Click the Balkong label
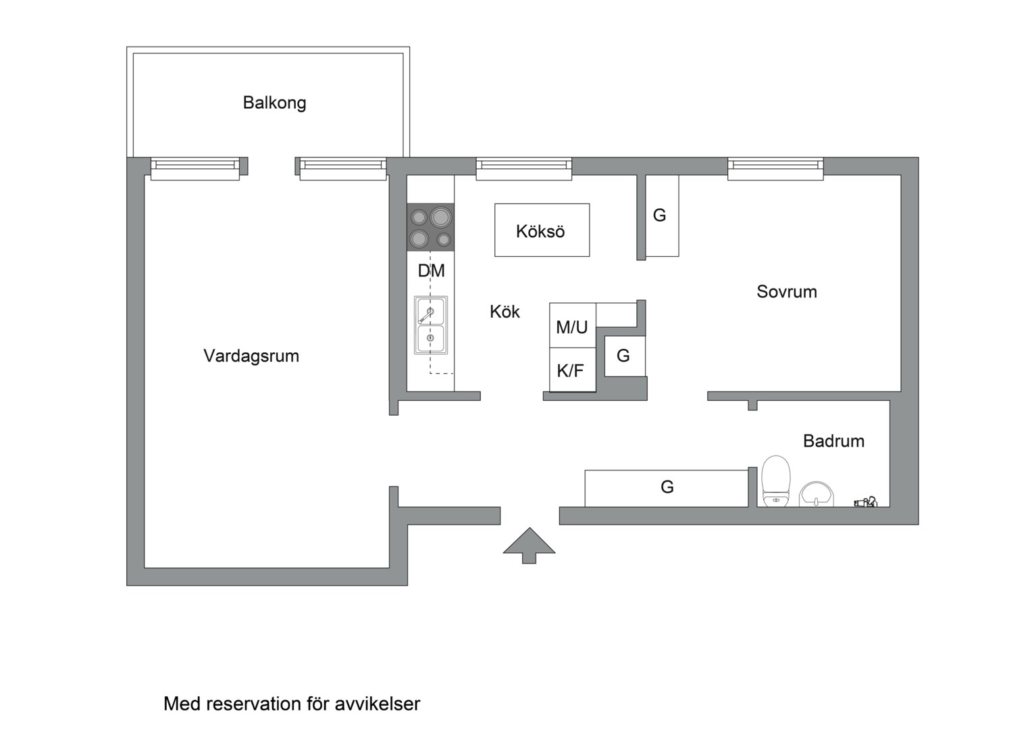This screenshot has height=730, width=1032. pyautogui.click(x=274, y=103)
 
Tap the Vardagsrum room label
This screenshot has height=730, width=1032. pyautogui.click(x=251, y=356)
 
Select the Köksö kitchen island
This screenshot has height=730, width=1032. pyautogui.click(x=542, y=230)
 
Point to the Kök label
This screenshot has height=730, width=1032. pyautogui.click(x=505, y=312)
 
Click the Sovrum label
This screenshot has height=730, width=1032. pyautogui.click(x=786, y=292)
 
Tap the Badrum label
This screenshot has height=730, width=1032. pyautogui.click(x=833, y=441)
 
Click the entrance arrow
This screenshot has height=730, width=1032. pyautogui.click(x=529, y=545)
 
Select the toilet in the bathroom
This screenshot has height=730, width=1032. pyautogui.click(x=775, y=481)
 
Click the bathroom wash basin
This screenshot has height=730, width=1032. pyautogui.click(x=817, y=494)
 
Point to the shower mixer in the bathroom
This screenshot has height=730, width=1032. pyautogui.click(x=865, y=502)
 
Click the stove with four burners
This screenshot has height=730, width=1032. pyautogui.click(x=430, y=227)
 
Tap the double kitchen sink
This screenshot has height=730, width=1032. pyautogui.click(x=430, y=325)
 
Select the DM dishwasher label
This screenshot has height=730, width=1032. pyautogui.click(x=431, y=271)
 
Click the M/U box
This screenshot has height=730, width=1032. pyautogui.click(x=572, y=326)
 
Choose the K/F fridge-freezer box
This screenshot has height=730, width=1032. pyautogui.click(x=571, y=370)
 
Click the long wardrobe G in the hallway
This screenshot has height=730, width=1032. pyautogui.click(x=666, y=487)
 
